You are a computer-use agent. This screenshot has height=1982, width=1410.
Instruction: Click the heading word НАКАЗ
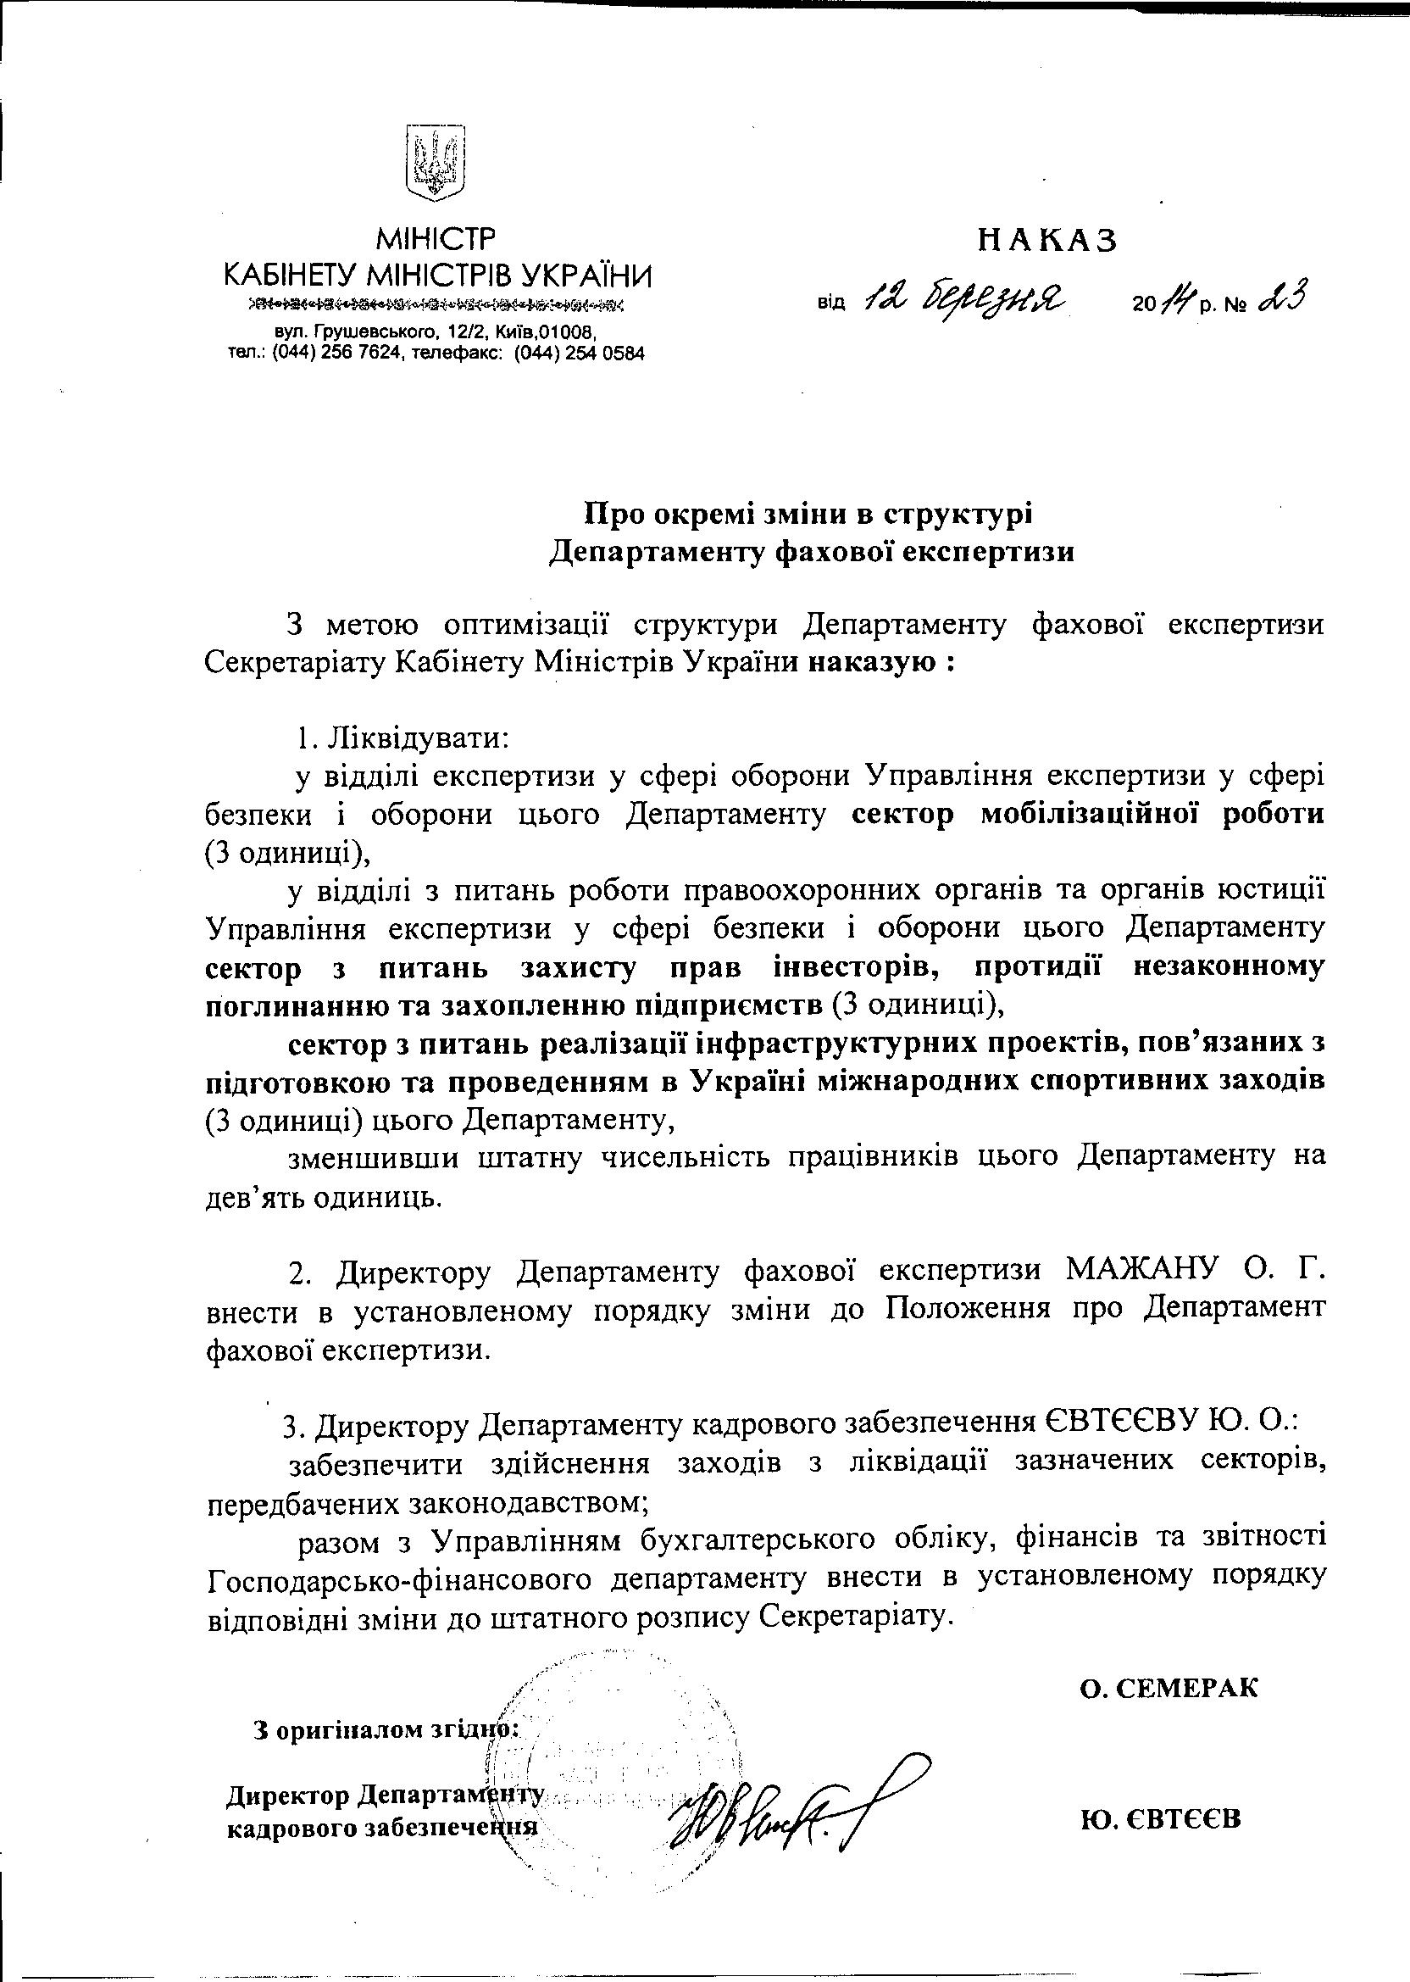point(1047,241)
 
